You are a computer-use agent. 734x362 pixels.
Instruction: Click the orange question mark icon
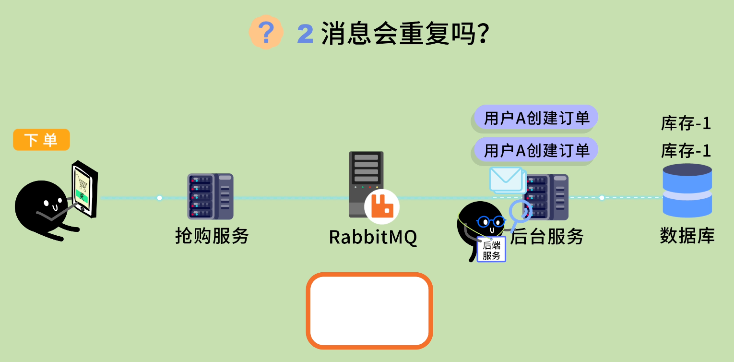[x=266, y=32]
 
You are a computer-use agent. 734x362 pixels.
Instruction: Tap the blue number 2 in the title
[x=305, y=34]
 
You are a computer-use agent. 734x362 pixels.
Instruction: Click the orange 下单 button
[x=41, y=140]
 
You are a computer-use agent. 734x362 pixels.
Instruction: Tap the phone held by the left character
[x=84, y=189]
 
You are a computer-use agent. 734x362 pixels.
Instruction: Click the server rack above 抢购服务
[x=210, y=196]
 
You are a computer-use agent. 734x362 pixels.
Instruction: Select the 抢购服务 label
[x=212, y=236]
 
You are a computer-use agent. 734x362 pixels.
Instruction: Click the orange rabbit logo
[x=382, y=207]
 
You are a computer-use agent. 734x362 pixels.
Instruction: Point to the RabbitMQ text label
[x=373, y=237]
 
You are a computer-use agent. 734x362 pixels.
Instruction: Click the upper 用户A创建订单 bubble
[x=536, y=118]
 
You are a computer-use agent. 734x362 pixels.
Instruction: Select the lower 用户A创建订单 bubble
[x=536, y=150]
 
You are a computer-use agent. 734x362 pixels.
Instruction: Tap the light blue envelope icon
[x=506, y=179]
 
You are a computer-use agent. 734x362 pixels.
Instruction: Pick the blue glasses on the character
[x=490, y=221]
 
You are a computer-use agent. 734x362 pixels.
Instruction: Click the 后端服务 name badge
[x=491, y=249]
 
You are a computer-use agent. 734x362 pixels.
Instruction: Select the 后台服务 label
[x=546, y=236]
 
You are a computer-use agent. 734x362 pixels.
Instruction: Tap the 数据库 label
[x=687, y=236]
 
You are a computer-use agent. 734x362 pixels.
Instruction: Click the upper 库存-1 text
[x=686, y=123]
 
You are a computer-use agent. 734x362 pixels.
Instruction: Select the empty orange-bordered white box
[x=369, y=311]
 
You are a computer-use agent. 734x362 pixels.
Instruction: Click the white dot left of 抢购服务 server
[x=159, y=198]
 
